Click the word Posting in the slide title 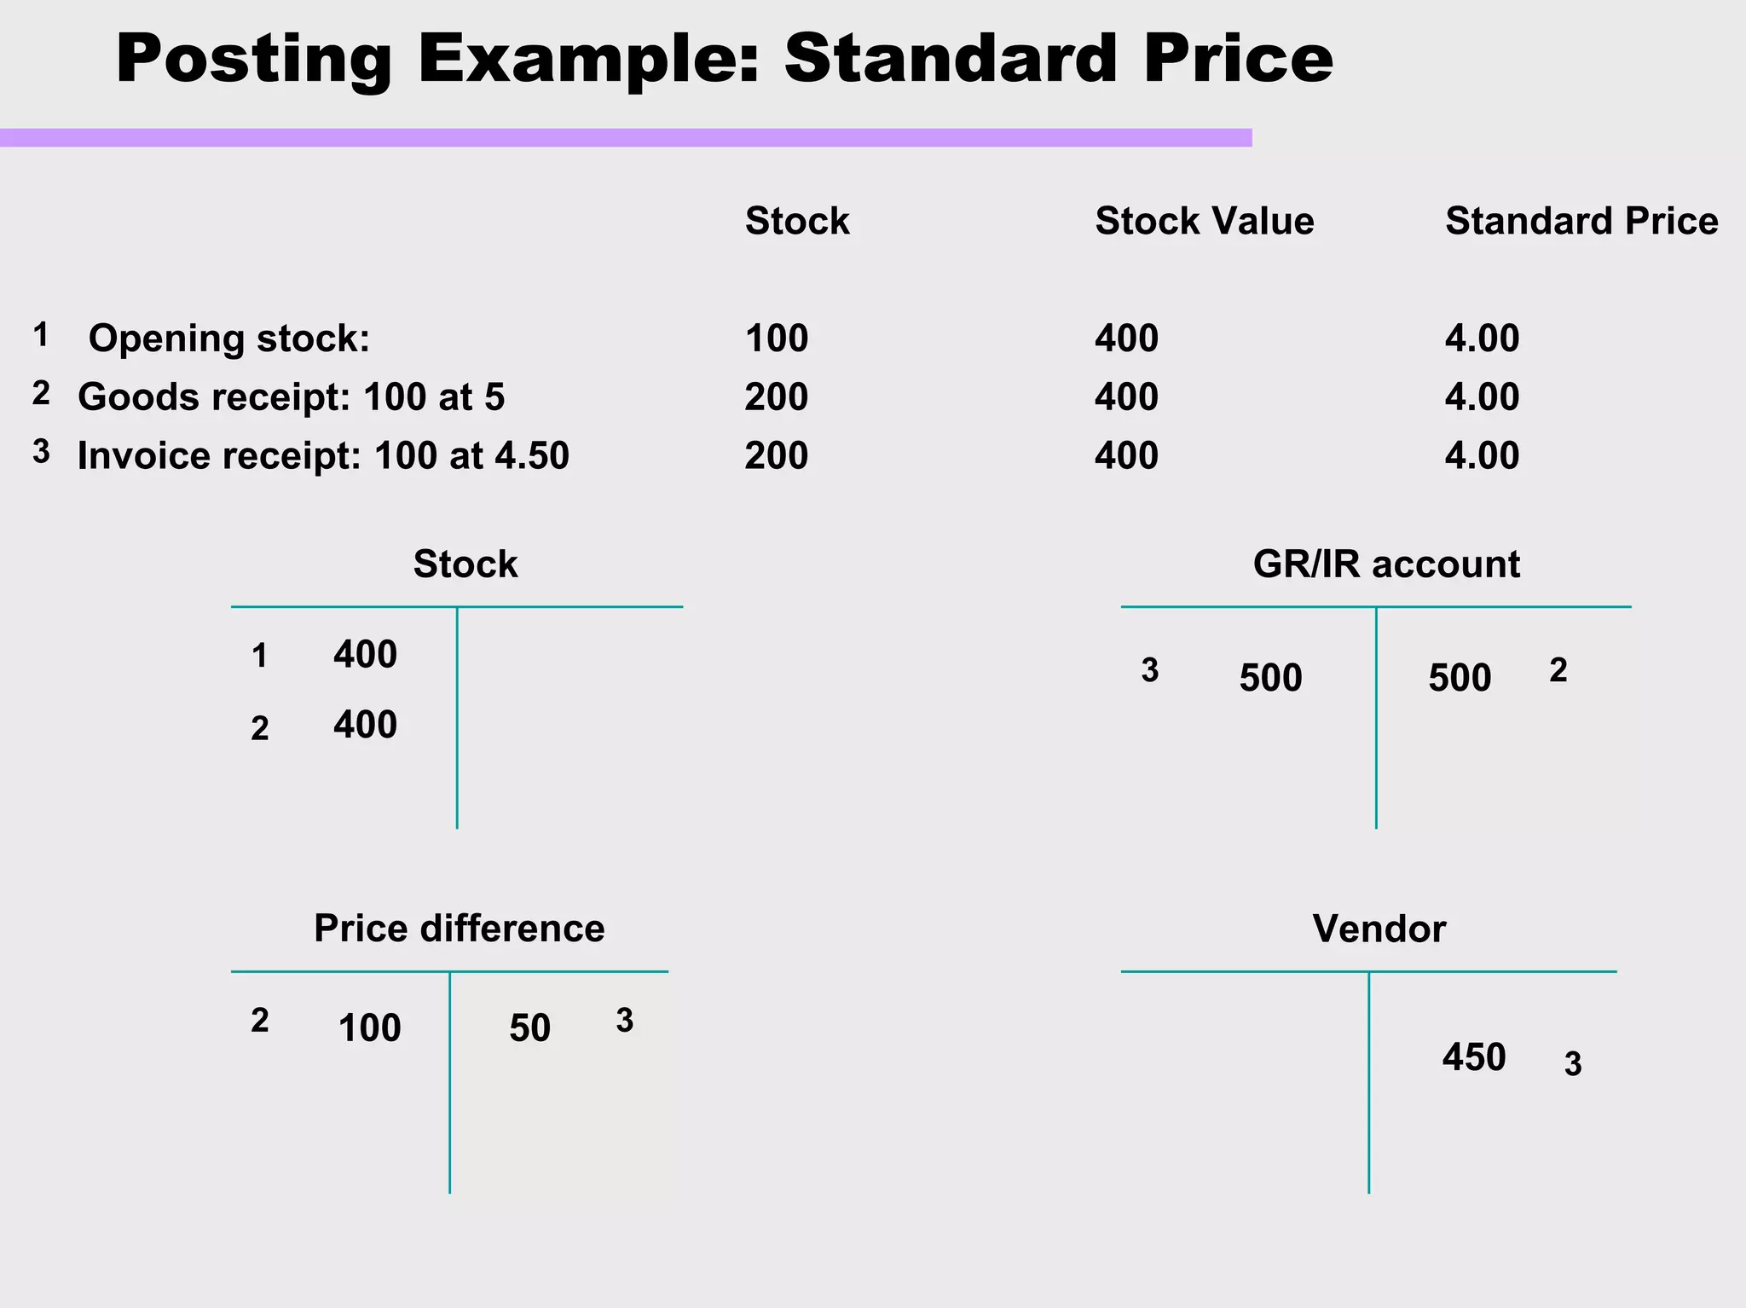[x=254, y=60]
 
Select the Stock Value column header [x=1204, y=221]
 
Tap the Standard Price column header [x=1581, y=221]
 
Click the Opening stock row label [x=229, y=339]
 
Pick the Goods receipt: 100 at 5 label [x=291, y=397]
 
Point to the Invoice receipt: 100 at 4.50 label [x=323, y=456]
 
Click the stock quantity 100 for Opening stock [x=776, y=339]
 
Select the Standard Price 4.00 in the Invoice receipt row [x=1482, y=456]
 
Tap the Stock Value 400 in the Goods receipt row [x=1126, y=397]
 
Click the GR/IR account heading [x=1386, y=564]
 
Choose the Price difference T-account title [x=459, y=929]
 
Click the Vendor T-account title [x=1379, y=929]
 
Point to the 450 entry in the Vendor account [x=1474, y=1058]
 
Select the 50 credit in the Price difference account [x=529, y=1028]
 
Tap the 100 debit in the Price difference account [x=369, y=1028]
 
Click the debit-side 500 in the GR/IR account [x=1270, y=679]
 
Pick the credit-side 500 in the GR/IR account [x=1460, y=679]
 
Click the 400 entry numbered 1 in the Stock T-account [x=365, y=655]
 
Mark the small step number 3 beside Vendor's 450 [x=1573, y=1064]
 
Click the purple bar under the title [x=626, y=137]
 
